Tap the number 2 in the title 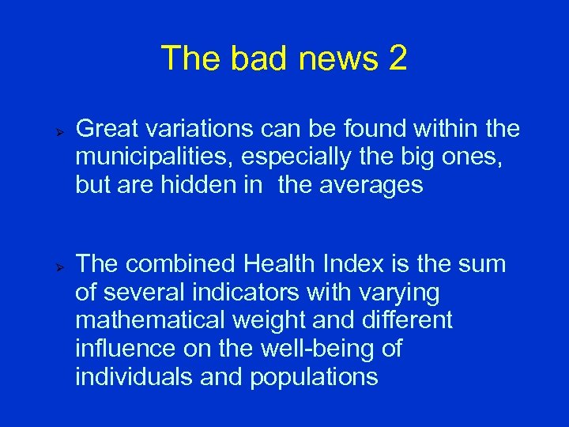point(398,59)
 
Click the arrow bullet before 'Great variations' point(58,128)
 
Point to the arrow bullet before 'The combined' point(58,265)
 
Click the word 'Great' point(107,127)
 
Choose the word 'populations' point(314,377)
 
